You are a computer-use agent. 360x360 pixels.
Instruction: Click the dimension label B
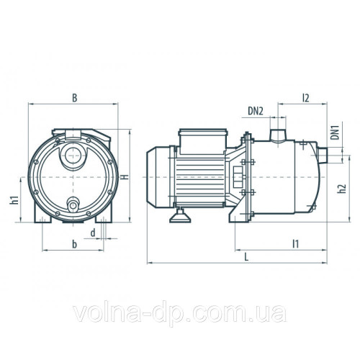[x=75, y=96]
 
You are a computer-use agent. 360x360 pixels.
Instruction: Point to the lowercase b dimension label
[x=75, y=245]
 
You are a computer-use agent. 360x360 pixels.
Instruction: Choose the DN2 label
[x=255, y=110]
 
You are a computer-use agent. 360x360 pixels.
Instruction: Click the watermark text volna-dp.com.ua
[x=180, y=315]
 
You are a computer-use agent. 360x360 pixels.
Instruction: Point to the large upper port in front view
[x=72, y=155]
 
